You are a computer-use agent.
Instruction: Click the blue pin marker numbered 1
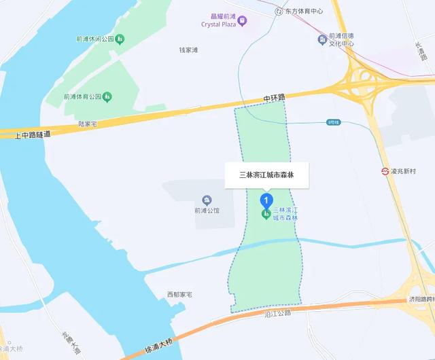pyautogui.click(x=266, y=200)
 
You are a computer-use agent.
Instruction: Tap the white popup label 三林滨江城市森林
pyautogui.click(x=266, y=175)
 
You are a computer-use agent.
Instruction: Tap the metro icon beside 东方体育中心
pyautogui.click(x=279, y=11)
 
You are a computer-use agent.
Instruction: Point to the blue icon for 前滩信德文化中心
pyautogui.click(x=322, y=39)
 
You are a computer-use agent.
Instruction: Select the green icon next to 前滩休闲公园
pyautogui.click(x=120, y=39)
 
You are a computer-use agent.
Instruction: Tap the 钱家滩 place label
pyautogui.click(x=188, y=50)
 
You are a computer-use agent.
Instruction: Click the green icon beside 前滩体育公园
pyautogui.click(x=107, y=96)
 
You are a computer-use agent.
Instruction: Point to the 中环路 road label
pyautogui.click(x=275, y=99)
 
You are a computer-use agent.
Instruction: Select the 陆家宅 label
pyautogui.click(x=89, y=124)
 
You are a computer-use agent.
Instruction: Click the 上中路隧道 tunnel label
pyautogui.click(x=33, y=134)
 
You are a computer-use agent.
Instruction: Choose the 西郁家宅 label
pyautogui.click(x=180, y=294)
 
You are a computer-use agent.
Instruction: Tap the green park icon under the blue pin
pyautogui.click(x=265, y=215)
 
